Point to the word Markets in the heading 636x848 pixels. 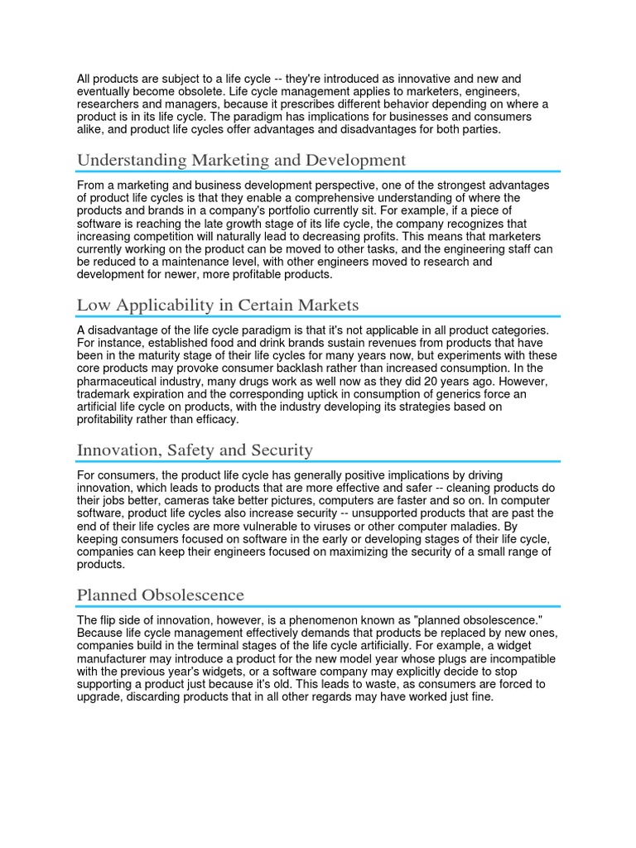click(328, 306)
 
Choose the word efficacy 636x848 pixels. click(218, 420)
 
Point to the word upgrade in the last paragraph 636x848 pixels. click(101, 697)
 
